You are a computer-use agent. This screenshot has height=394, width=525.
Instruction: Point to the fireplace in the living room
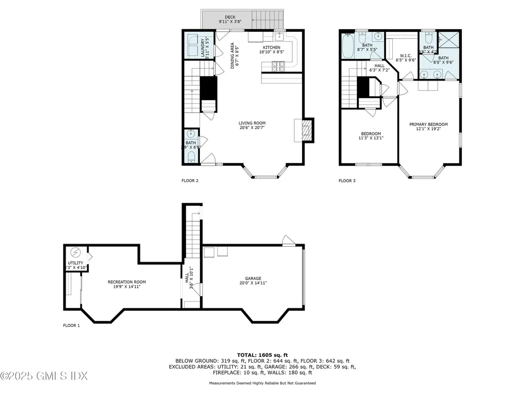click(306, 130)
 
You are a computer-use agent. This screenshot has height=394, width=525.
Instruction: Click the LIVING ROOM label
click(252, 123)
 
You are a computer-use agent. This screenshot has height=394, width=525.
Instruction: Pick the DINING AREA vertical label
click(232, 55)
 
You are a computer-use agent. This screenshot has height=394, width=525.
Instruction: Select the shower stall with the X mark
click(447, 41)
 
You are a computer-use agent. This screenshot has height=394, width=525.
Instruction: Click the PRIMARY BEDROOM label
click(428, 124)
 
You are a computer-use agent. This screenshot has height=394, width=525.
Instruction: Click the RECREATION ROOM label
click(127, 282)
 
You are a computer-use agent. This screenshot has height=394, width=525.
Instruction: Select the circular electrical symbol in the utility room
click(76, 252)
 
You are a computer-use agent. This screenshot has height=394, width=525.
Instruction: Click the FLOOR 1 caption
click(71, 325)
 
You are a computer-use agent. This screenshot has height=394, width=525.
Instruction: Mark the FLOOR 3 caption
click(347, 181)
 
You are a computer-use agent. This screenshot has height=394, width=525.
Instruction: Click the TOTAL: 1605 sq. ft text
click(262, 354)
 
